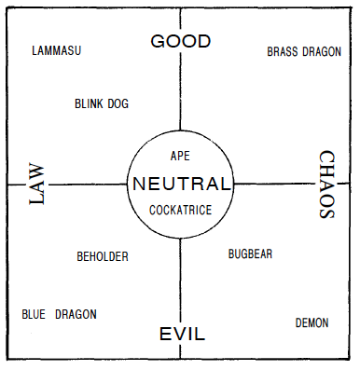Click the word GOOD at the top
coord(181,41)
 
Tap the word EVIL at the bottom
coord(182,335)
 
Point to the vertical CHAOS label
coord(326,185)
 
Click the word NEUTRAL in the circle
coord(181,184)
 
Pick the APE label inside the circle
coord(181,156)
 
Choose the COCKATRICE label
coord(181,210)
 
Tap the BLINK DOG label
coord(102,105)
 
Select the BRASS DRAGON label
coord(303,52)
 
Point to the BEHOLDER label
coord(103,256)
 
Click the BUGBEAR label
coord(250,254)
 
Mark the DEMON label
coord(312,323)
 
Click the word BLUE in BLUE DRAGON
coord(34,314)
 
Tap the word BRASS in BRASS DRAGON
coord(283,52)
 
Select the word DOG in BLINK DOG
coord(118,105)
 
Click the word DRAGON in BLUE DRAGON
coord(75,314)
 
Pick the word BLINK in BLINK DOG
coord(90,105)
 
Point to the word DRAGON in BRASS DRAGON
coord(321,52)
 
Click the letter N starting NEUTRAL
coord(140,184)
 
